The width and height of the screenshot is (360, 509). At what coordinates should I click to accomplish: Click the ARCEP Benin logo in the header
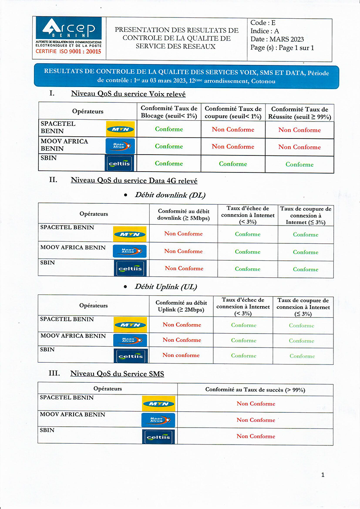click(x=69, y=30)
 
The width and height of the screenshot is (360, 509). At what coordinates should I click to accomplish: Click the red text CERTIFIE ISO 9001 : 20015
click(x=68, y=51)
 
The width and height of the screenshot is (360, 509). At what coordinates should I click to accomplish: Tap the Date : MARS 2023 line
click(x=277, y=39)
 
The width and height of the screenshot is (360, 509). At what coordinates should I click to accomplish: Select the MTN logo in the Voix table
click(x=120, y=129)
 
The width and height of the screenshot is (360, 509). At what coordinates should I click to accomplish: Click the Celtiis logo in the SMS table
click(x=158, y=437)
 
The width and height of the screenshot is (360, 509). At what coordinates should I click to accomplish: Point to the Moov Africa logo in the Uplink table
click(x=130, y=340)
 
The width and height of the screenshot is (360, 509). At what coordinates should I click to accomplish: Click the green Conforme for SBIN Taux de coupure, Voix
click(x=233, y=164)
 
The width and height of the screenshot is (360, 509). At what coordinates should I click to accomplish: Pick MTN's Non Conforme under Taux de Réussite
click(x=299, y=130)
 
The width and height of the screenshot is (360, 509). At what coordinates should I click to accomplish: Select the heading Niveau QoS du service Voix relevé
click(x=128, y=94)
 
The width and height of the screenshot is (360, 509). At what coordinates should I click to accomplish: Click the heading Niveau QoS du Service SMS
click(x=117, y=374)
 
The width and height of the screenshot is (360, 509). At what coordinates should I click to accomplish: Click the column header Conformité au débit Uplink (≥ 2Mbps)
click(x=182, y=306)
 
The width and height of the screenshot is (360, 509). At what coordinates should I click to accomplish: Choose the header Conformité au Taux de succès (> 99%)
click(x=255, y=389)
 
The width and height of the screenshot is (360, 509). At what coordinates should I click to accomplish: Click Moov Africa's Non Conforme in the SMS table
click(x=256, y=420)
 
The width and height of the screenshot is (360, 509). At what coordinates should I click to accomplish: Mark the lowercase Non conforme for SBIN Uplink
click(x=181, y=355)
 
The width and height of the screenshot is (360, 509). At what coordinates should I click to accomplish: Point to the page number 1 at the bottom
click(x=323, y=475)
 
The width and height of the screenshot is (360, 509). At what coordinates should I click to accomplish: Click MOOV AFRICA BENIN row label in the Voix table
click(x=64, y=145)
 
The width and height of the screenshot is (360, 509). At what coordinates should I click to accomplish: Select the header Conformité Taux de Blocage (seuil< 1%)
click(x=169, y=112)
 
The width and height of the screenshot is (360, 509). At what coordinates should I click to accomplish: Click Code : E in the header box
click(x=263, y=23)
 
